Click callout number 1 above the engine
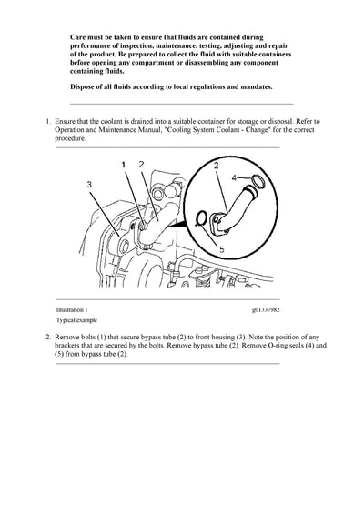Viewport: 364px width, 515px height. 124,164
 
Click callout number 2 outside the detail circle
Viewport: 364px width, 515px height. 141,164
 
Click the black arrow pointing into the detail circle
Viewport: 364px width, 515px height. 177,212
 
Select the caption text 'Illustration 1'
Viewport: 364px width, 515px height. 75,309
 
